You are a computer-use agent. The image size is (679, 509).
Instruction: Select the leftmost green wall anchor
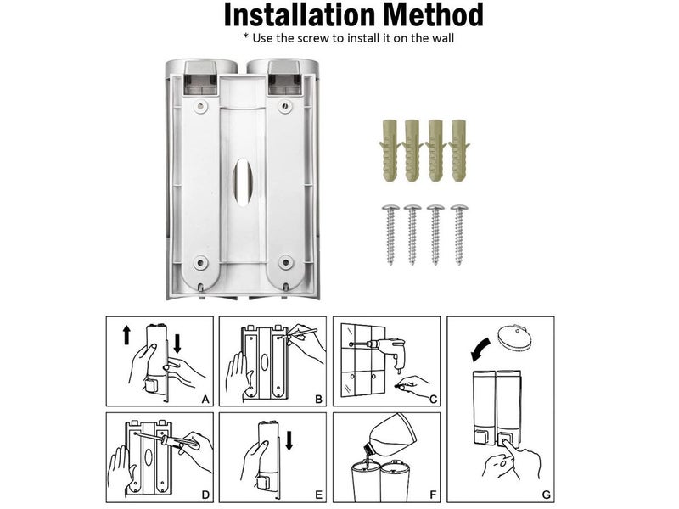click(390, 150)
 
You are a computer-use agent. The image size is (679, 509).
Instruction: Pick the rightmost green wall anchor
click(459, 150)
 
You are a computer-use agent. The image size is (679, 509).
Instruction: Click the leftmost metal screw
click(390, 234)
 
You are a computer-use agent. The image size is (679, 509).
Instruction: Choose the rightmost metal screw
click(459, 234)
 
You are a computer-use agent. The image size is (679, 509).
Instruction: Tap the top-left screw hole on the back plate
click(200, 106)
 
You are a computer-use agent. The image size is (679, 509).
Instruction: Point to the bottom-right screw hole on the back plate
click(286, 261)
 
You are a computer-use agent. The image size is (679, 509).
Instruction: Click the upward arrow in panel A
click(126, 335)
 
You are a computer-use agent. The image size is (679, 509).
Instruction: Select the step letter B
click(319, 399)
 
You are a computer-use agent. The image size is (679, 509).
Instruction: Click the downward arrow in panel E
click(289, 440)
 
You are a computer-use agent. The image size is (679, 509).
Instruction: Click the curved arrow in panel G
click(480, 350)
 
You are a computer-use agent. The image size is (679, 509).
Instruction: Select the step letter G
click(546, 495)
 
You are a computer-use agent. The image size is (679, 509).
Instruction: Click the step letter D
click(205, 495)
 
